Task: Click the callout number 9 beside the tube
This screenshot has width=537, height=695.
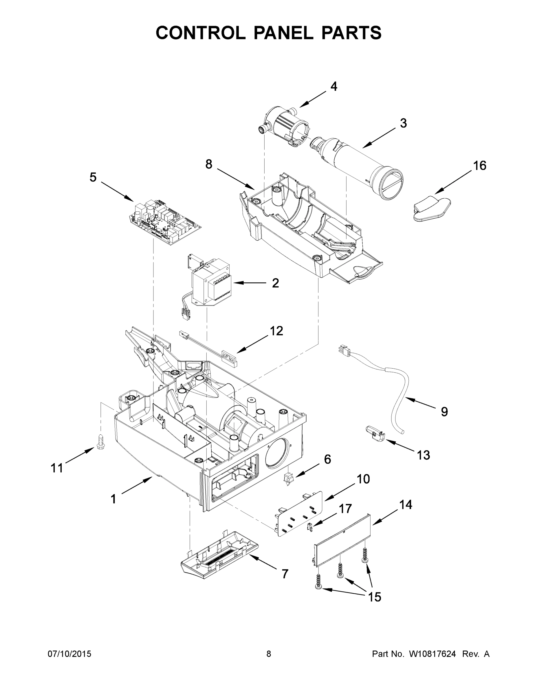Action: point(444,411)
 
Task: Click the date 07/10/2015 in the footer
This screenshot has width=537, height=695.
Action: point(69,654)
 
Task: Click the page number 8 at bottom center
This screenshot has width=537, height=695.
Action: point(269,654)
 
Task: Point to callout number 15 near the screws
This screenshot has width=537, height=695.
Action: point(374,597)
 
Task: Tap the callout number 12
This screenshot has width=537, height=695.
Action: point(276,331)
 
